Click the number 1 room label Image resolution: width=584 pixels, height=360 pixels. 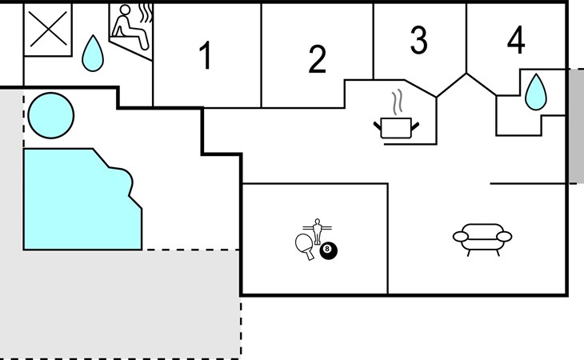click(x=206, y=55)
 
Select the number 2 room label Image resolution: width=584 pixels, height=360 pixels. click(x=318, y=59)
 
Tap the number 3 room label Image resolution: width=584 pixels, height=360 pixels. click(x=418, y=40)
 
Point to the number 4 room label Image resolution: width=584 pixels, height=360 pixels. click(x=516, y=40)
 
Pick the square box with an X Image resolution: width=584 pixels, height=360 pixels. click(x=48, y=30)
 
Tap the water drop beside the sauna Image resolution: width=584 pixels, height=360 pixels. click(x=93, y=54)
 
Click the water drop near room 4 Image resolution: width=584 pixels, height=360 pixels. click(x=535, y=92)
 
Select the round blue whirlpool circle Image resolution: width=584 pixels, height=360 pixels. click(x=51, y=115)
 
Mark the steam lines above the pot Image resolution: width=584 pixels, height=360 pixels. click(x=398, y=101)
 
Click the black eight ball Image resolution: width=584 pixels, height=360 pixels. click(x=328, y=250)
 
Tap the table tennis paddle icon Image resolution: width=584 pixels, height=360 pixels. click(x=304, y=246)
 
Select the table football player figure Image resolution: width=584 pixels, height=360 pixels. click(x=317, y=231)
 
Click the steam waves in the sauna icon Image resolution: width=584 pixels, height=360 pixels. click(x=146, y=14)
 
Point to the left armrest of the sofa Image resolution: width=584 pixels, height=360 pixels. click(x=460, y=237)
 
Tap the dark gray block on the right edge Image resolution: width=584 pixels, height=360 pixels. click(x=576, y=126)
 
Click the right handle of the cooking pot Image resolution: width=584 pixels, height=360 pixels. click(x=415, y=126)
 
